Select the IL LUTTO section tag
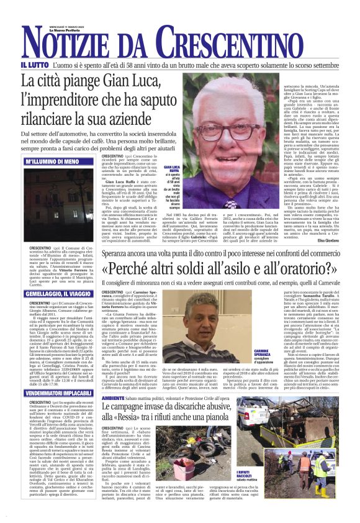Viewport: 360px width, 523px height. pyautogui.click(x=33, y=65)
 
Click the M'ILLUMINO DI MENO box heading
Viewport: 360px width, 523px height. pyautogui.click(x=52, y=161)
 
